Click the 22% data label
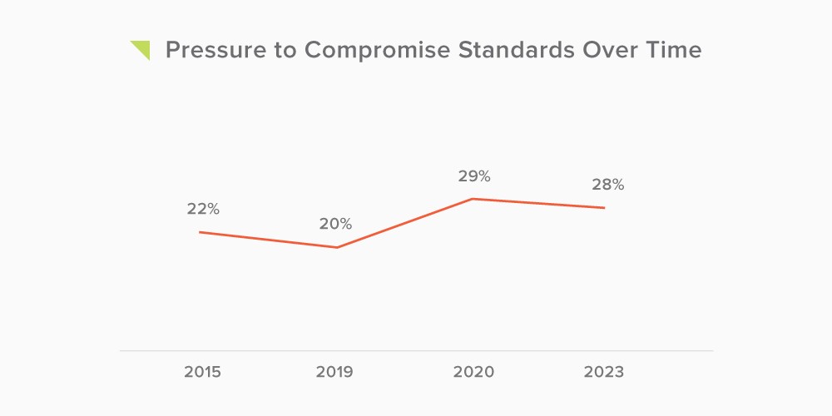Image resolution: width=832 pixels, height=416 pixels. tap(203, 209)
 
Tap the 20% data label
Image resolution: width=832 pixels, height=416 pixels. tap(335, 224)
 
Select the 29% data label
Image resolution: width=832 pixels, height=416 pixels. tap(474, 176)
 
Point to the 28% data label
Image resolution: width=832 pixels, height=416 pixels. tap(608, 186)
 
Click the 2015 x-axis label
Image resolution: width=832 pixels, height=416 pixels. tap(202, 372)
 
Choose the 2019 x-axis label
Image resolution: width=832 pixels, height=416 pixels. tap(334, 372)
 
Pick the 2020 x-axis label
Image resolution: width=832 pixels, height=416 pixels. tap(473, 372)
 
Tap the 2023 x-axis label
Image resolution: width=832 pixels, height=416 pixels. tap(604, 372)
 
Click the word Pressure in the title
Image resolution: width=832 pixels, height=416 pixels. tap(215, 51)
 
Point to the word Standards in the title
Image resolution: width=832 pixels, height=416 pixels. tap(517, 51)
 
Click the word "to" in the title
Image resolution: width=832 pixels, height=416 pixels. tap(285, 51)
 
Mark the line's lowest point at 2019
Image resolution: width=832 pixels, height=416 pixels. tap(337, 247)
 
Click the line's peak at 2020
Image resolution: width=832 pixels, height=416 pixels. tap(473, 199)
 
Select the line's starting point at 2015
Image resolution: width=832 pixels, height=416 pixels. tap(200, 232)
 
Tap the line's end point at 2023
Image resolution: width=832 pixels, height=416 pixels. tap(604, 207)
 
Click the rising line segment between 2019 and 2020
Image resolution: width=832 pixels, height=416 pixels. tap(404, 223)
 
